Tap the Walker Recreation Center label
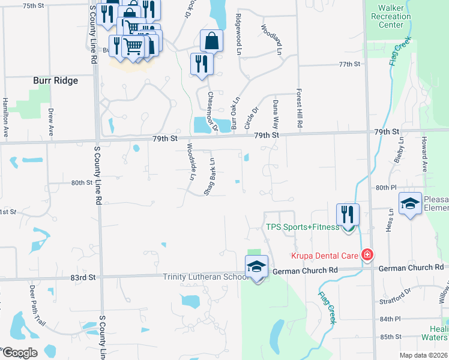point(391,17)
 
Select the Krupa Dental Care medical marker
point(367,255)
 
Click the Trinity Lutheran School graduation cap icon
point(256,266)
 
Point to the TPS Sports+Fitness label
point(303,227)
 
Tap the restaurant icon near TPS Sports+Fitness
point(348,214)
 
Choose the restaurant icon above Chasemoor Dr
point(201,64)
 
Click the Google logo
point(19,353)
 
